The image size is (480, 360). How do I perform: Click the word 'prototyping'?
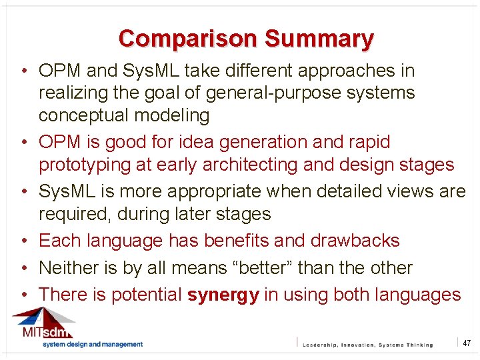(x=90, y=164)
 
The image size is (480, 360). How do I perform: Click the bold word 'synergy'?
(x=223, y=295)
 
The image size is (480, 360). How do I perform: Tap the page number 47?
(x=467, y=343)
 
